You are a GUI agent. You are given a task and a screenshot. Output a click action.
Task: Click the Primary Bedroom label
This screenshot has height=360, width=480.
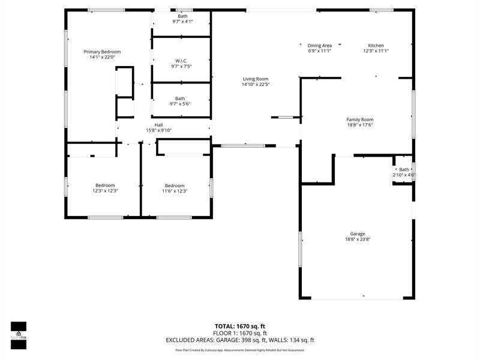(x=102, y=52)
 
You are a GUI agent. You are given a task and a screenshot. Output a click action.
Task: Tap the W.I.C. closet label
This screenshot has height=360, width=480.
(x=181, y=61)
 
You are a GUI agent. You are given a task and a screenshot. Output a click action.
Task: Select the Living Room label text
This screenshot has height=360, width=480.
(x=256, y=79)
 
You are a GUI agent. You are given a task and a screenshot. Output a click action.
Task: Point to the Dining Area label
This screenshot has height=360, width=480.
(x=319, y=46)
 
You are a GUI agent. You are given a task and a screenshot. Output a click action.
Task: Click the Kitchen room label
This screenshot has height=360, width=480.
(x=376, y=46)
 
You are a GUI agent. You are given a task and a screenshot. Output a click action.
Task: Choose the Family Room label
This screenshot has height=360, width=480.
(x=360, y=119)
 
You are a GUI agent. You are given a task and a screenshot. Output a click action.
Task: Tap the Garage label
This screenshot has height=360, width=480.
(x=358, y=234)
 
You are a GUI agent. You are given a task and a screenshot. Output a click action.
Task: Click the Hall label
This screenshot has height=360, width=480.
(x=159, y=125)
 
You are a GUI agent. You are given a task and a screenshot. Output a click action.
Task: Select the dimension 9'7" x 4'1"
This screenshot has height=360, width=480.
(x=182, y=22)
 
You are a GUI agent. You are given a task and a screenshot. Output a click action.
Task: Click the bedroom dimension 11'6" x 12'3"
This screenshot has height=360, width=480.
(x=175, y=191)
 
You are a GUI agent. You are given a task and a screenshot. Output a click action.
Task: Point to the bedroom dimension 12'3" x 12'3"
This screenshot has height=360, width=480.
(x=105, y=191)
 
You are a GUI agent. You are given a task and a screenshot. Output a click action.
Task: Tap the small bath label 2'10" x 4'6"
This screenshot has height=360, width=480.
(x=404, y=175)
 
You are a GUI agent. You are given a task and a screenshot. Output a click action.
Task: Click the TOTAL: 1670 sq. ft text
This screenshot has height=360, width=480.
(x=240, y=326)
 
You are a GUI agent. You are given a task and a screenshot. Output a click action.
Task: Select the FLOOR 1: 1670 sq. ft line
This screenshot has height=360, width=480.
(x=240, y=333)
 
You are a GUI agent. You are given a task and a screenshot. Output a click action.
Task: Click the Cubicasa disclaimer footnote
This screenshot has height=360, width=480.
(x=240, y=350)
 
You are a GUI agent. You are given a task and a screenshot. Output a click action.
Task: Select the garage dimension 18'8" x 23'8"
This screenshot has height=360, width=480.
(x=358, y=240)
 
